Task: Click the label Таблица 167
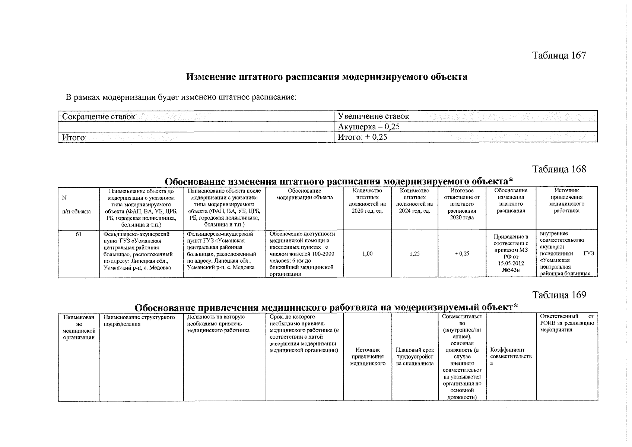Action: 559,56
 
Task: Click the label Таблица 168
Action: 559,169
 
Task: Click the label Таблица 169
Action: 559,295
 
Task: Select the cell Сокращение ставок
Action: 99,117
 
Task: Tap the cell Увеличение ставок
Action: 373,116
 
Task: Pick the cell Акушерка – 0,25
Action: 369,127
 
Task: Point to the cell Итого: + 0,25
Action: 362,137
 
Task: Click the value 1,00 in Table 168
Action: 367,254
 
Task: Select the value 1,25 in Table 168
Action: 415,254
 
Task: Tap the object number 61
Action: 79,234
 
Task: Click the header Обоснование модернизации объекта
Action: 304,194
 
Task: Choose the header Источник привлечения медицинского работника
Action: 566,200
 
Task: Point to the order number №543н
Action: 511,270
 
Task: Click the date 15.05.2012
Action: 511,263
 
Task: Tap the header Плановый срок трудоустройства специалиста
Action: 415,356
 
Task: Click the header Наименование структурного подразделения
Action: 140,320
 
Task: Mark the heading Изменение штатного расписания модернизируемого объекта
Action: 327,77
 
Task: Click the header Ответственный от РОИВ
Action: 567,323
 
